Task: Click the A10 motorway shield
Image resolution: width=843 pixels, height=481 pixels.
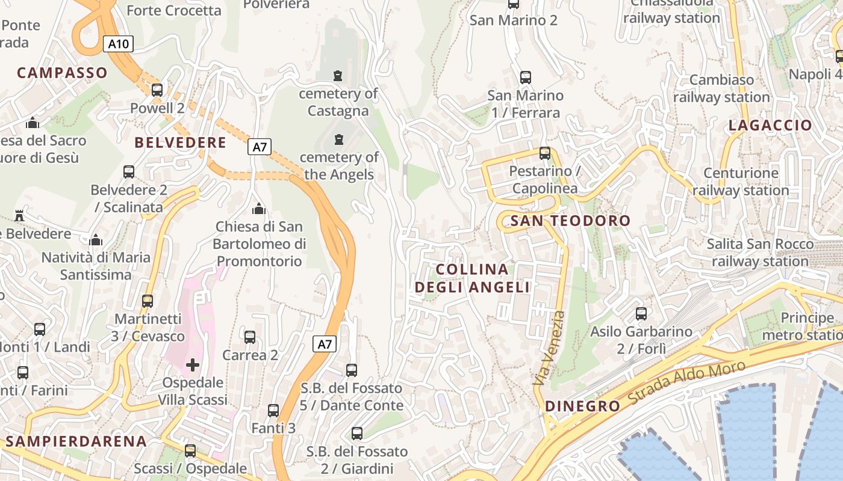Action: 117,44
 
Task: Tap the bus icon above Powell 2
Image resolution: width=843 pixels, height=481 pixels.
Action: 157,90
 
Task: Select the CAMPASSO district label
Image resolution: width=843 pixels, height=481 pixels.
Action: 62,73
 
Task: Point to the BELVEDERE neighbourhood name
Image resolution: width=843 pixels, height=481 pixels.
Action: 181,142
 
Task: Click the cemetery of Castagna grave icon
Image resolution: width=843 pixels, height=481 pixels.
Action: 338,76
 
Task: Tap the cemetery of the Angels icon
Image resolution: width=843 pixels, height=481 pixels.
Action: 338,139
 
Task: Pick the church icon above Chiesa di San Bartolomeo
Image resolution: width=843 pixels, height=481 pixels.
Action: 259,209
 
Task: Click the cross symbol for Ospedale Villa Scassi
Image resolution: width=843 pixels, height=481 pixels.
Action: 193,364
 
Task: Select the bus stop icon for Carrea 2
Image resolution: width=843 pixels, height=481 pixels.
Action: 250,337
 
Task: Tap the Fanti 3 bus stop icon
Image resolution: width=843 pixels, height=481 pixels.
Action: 273,411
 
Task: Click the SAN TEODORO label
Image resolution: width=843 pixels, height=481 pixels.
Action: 570,221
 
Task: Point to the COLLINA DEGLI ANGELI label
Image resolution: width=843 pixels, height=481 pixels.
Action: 472,278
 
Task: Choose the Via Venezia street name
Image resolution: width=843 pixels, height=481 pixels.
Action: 550,348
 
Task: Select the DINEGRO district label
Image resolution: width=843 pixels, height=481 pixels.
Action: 582,406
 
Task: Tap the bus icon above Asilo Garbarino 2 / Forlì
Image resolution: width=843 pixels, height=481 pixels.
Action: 641,313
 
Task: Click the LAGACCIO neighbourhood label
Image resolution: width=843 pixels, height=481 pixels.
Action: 770,125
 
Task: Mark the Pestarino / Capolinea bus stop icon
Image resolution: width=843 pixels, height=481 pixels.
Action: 545,153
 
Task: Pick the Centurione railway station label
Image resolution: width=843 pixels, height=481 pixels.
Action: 741,182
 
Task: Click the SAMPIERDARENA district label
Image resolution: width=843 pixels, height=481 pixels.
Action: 76,441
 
